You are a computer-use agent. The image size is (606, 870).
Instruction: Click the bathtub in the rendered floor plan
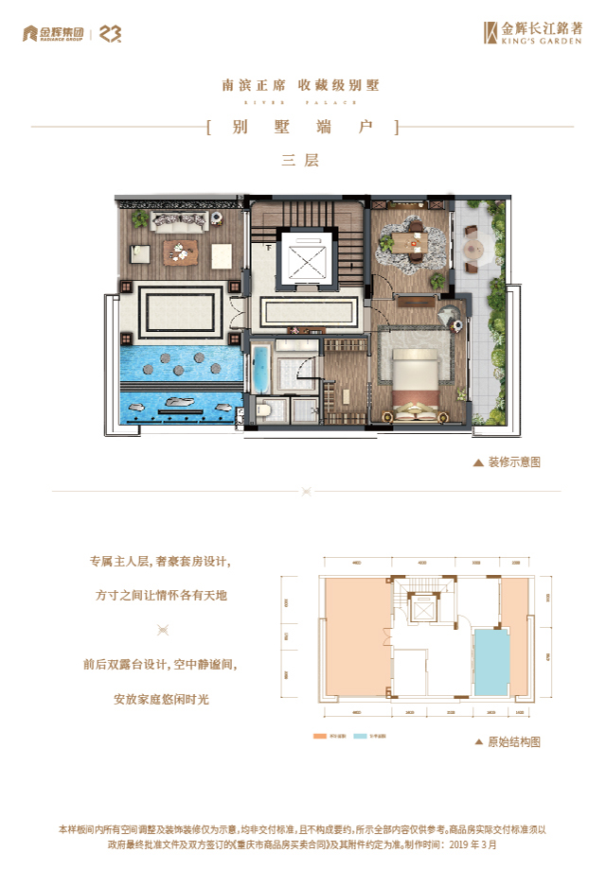[260, 369]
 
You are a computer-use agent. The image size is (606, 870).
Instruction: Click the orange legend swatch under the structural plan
[319, 735]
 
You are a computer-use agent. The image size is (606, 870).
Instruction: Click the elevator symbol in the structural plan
[423, 607]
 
